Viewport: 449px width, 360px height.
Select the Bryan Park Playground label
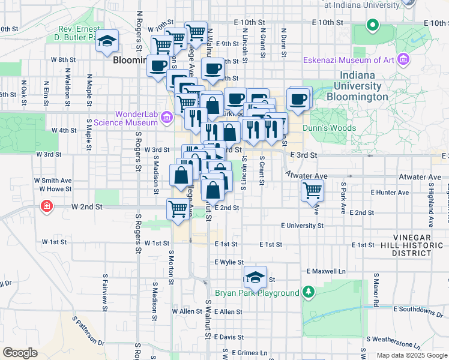tap(265, 293)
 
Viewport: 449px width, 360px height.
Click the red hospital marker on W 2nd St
tap(46, 206)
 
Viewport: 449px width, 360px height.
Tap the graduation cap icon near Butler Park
tap(107, 41)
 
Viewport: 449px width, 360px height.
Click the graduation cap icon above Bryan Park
tap(256, 277)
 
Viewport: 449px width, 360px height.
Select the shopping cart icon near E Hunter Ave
tap(312, 191)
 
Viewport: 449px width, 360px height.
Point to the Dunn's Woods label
tap(330, 128)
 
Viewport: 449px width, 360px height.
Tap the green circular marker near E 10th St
tap(372, 25)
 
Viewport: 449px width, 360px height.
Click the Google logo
tap(20, 353)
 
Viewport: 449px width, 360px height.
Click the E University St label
tap(302, 226)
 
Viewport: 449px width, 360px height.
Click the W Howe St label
tap(55, 189)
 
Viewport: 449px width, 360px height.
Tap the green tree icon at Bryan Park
tap(308, 292)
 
